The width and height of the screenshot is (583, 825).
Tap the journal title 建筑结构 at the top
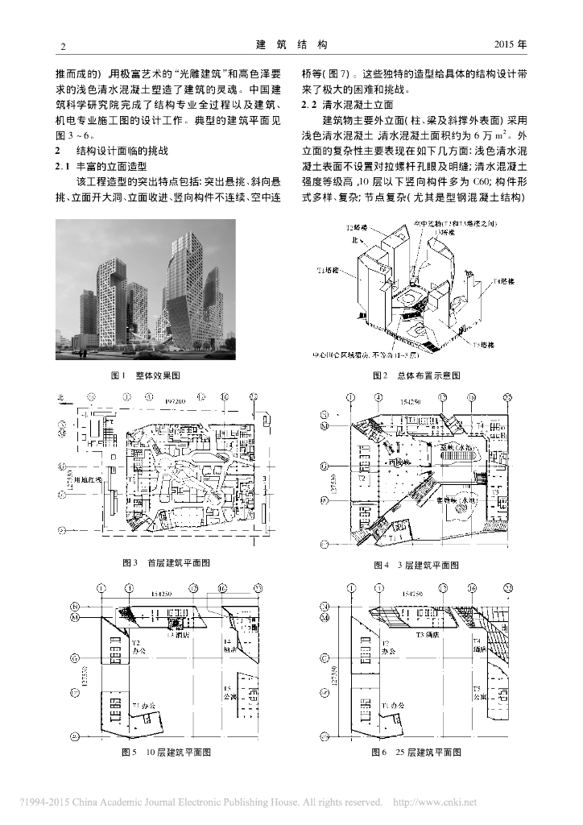coord(291,44)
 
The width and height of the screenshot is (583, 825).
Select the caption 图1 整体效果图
coord(145,375)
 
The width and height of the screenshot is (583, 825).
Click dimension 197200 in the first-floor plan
coord(176,399)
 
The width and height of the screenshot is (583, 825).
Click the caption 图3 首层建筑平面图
coord(166,563)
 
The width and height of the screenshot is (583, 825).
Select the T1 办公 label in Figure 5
coord(147,704)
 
